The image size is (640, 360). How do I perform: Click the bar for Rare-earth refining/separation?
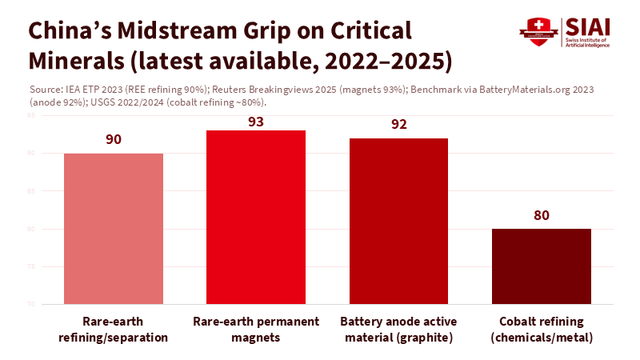click(113, 228)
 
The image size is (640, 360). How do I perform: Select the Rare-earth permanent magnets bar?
click(256, 217)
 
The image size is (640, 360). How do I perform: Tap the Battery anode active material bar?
click(399, 221)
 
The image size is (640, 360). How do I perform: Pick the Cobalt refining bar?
click(542, 266)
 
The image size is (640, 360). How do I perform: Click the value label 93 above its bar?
click(256, 122)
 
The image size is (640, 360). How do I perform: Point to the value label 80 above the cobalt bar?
click(542, 215)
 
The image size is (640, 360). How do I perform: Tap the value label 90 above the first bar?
click(113, 139)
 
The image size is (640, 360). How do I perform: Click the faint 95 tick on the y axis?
click(30, 116)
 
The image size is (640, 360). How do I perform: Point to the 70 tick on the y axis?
click(30, 304)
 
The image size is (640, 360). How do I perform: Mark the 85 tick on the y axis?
click(30, 191)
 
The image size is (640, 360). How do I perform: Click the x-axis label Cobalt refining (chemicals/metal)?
click(542, 329)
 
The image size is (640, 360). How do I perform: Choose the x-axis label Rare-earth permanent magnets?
click(256, 329)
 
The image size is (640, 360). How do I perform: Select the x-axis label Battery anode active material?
click(399, 329)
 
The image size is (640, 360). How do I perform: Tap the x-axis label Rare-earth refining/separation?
click(113, 329)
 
